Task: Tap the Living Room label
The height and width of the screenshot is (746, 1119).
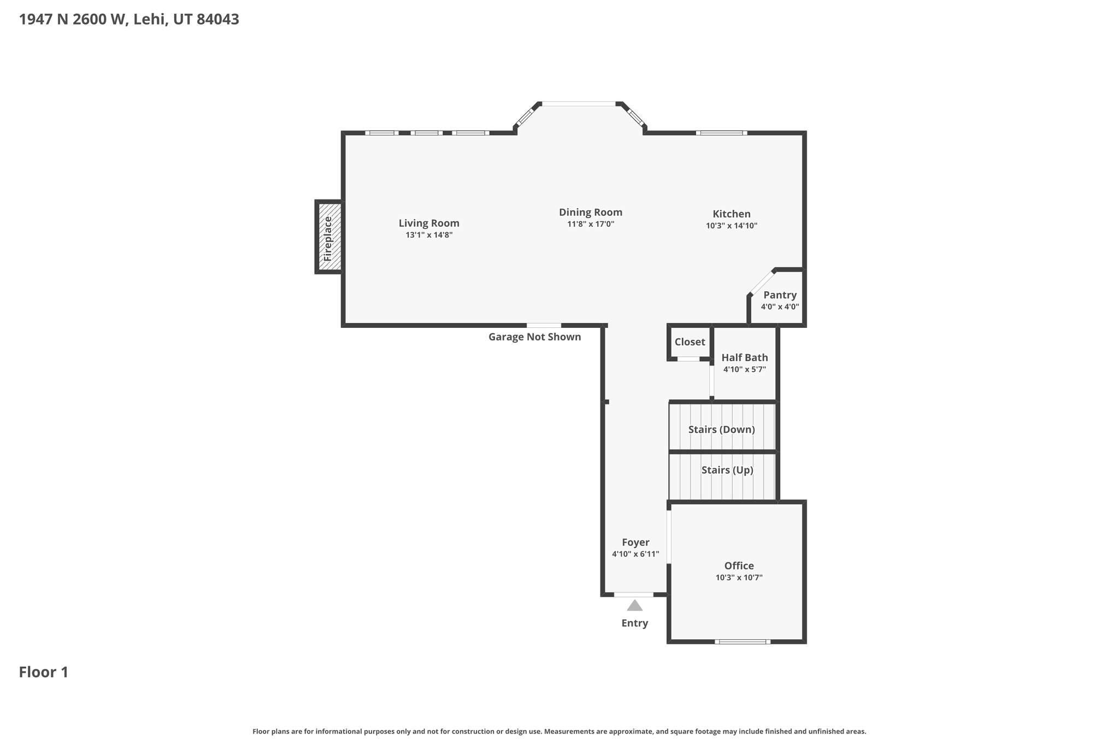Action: [x=428, y=223]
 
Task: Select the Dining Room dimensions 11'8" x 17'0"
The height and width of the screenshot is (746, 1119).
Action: [x=590, y=224]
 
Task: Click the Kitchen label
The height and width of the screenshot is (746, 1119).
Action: [x=731, y=214]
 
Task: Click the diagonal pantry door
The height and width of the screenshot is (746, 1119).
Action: [x=762, y=283]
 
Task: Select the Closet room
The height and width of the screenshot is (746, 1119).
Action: [x=690, y=342]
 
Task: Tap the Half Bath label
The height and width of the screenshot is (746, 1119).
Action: [x=744, y=357]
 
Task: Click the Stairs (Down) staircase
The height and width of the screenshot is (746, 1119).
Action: [x=721, y=429]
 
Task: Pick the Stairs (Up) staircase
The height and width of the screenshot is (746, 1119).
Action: [x=727, y=470]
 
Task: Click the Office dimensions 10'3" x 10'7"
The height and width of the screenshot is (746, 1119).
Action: [x=739, y=578]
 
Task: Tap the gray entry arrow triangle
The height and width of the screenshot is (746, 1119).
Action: [x=634, y=606]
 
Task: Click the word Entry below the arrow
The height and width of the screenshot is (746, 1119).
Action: [x=634, y=623]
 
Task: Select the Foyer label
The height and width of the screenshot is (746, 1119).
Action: [x=635, y=542]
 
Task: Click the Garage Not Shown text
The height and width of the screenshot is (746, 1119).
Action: [x=534, y=337]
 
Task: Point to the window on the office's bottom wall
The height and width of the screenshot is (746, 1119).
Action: [x=742, y=642]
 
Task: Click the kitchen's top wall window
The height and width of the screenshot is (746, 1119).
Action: [x=721, y=133]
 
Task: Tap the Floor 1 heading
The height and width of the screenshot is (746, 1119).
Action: [x=44, y=672]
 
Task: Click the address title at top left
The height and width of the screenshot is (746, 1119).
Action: [x=129, y=20]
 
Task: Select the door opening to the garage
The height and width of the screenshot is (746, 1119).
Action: [x=544, y=325]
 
